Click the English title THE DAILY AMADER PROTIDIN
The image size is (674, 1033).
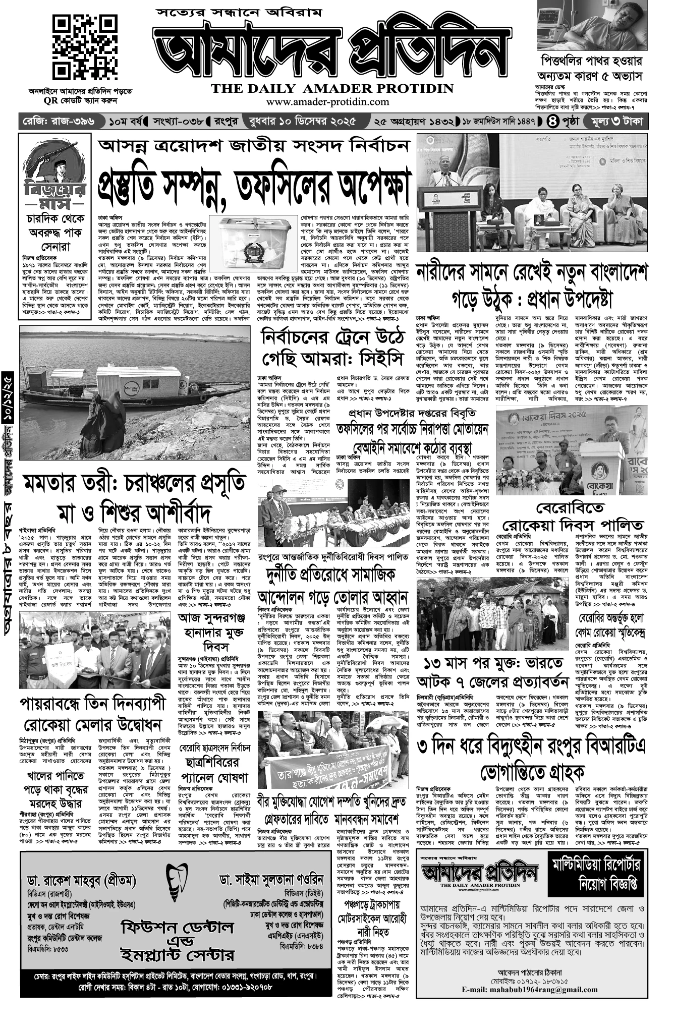[x=332, y=89]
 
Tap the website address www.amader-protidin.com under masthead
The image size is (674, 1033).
[x=328, y=101]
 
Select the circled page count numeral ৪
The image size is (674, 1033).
[x=553, y=122]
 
